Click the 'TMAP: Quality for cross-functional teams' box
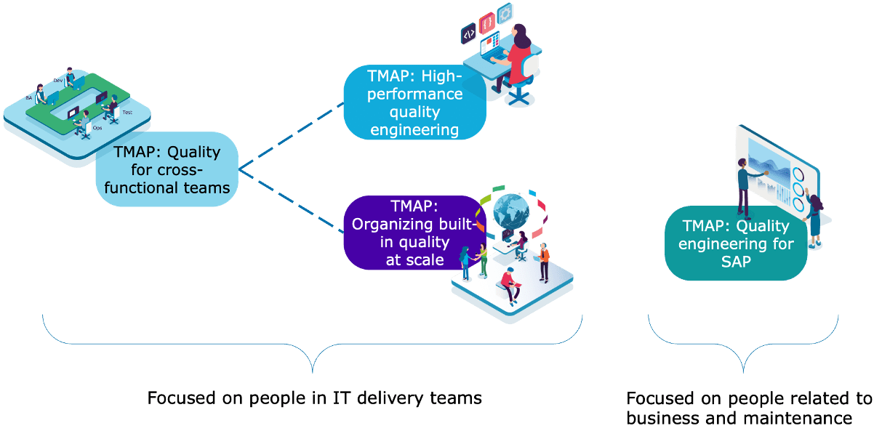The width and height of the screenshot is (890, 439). [167, 169]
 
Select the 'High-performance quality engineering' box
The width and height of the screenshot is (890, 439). [414, 102]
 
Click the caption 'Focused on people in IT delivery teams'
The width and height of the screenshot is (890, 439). [314, 398]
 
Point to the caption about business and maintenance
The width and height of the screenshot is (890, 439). [749, 408]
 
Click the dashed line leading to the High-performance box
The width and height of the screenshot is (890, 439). [291, 134]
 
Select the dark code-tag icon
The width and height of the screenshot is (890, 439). [468, 33]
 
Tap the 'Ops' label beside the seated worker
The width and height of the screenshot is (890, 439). [97, 129]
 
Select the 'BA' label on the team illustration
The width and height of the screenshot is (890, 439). [29, 97]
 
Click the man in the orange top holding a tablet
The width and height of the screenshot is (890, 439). [543, 259]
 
